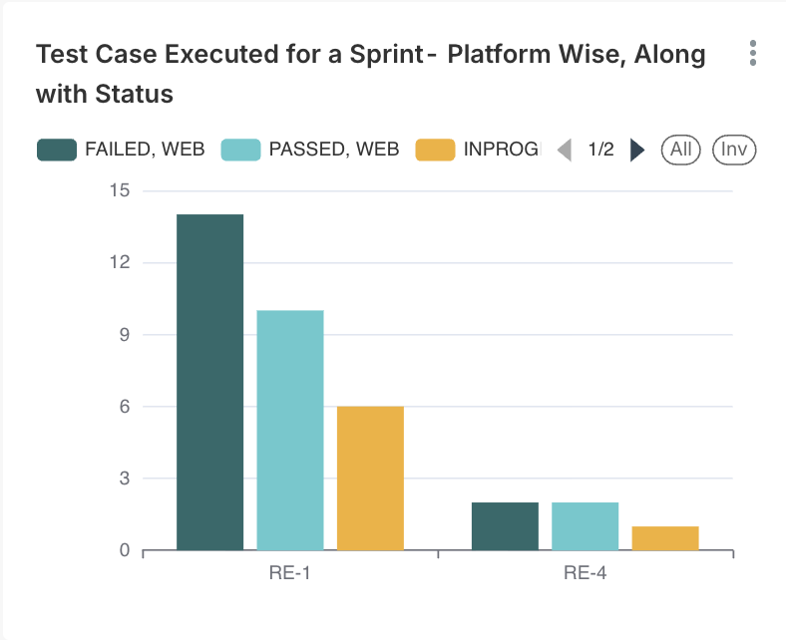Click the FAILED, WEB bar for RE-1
(210, 382)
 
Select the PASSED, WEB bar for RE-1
(290, 430)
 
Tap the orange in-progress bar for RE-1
(370, 478)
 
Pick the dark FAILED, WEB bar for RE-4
(505, 525)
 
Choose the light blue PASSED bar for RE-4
(585, 525)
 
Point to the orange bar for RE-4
(665, 537)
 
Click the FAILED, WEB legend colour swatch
(57, 150)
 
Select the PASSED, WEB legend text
(334, 150)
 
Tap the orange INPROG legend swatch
(434, 150)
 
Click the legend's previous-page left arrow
(565, 151)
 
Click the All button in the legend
(681, 150)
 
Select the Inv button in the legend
(734, 150)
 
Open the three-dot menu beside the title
(753, 54)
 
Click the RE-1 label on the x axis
(290, 573)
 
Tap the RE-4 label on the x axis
(586, 573)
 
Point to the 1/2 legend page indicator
(600, 150)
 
